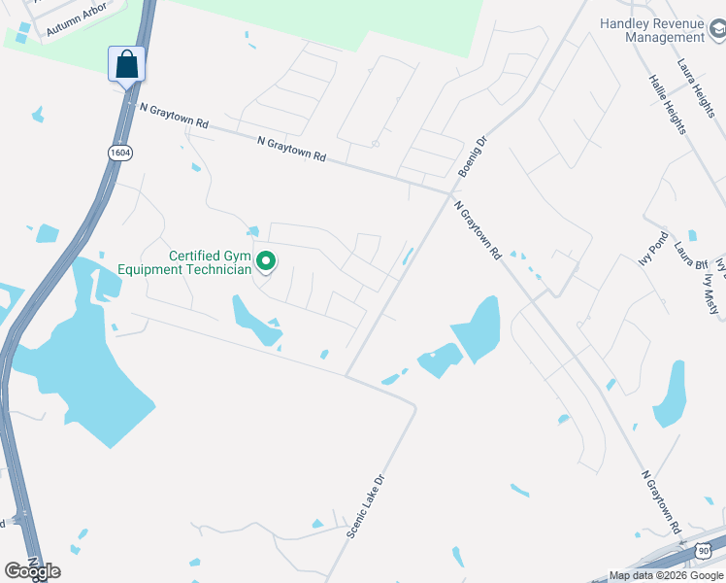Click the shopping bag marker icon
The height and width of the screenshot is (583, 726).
click(126, 66)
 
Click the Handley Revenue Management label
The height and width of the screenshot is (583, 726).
click(651, 30)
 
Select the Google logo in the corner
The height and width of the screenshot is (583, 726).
click(31, 571)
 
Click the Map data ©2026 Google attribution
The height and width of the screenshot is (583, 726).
click(666, 575)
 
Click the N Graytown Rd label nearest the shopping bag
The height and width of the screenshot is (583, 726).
click(175, 117)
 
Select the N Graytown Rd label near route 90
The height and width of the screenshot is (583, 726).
click(661, 502)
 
